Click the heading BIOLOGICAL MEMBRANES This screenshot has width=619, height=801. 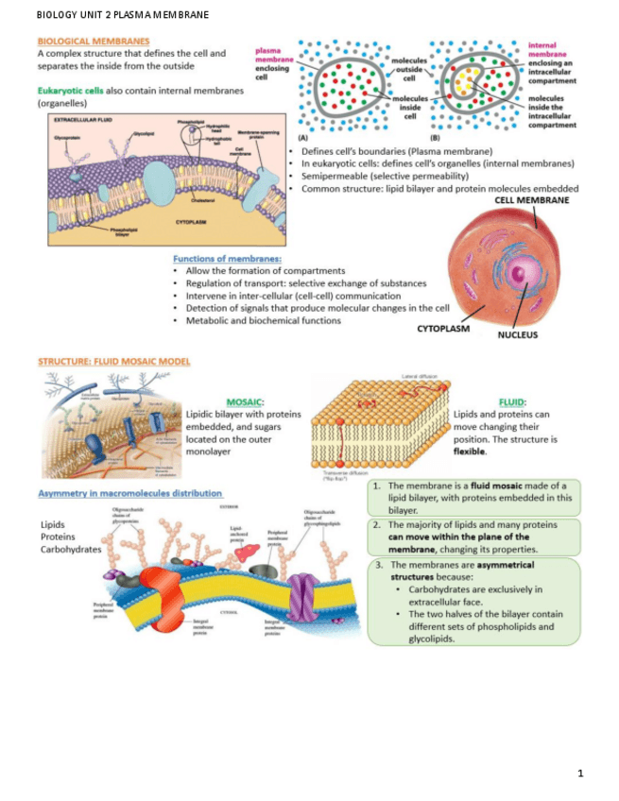click(93, 42)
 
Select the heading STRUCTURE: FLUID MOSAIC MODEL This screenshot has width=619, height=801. click(113, 362)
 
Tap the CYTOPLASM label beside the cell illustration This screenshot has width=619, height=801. click(443, 329)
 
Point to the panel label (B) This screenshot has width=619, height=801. click(434, 137)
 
